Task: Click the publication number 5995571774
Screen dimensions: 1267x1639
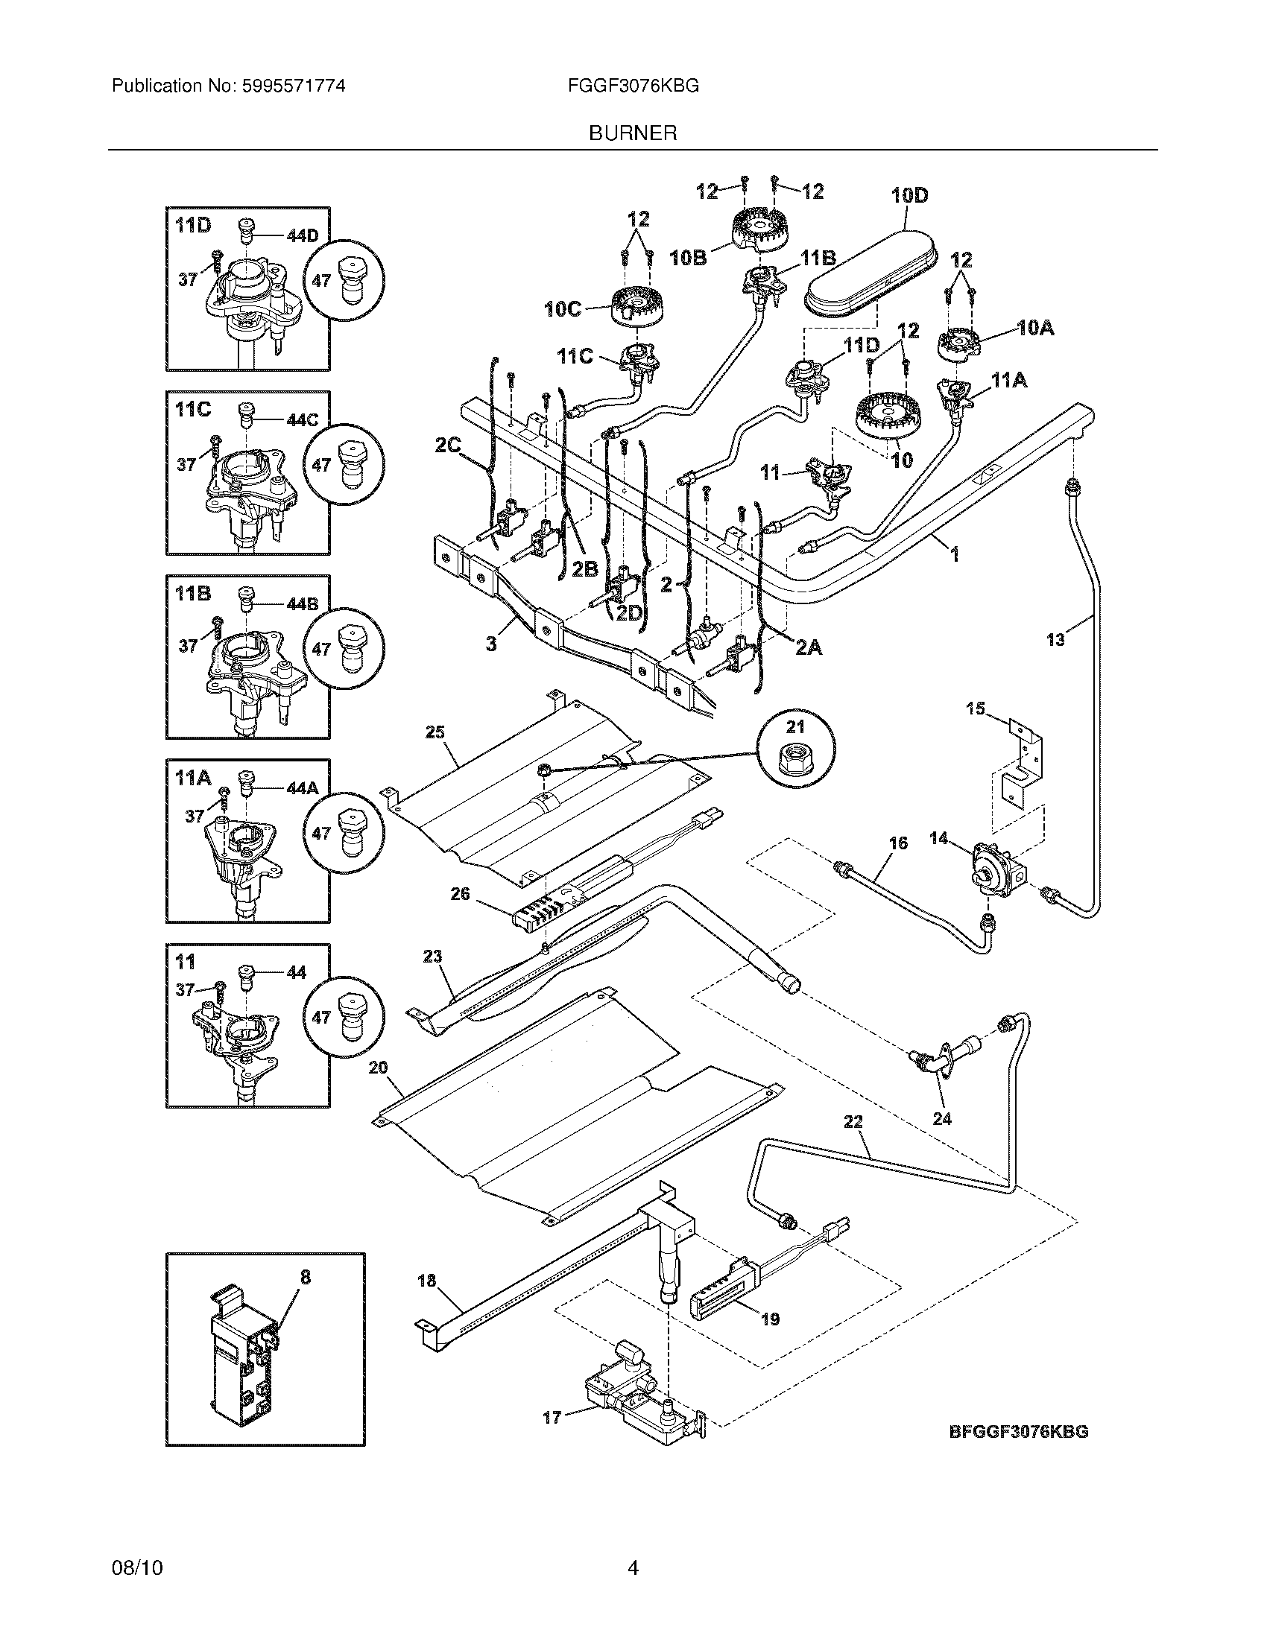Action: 294,86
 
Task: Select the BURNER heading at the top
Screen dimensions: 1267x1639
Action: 633,133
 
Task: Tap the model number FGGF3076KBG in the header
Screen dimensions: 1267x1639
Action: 633,86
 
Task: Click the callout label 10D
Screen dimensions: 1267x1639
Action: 909,196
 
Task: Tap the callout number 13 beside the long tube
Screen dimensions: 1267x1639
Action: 1055,640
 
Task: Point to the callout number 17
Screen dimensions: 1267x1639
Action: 552,1418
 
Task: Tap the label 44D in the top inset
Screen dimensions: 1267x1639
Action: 302,235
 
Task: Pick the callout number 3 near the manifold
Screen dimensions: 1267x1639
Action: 491,644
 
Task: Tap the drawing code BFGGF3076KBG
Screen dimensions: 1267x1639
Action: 1019,1431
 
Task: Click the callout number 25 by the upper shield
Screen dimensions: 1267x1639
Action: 435,732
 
